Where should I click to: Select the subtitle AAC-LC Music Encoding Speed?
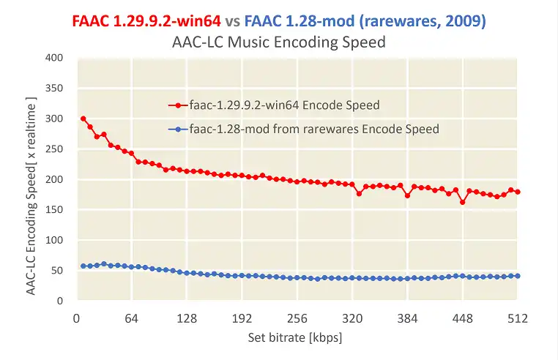click(x=278, y=42)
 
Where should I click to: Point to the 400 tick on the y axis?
click(x=53, y=57)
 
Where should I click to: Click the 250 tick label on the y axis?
click(x=53, y=149)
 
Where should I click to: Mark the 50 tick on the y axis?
click(x=56, y=270)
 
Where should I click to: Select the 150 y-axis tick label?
click(x=53, y=209)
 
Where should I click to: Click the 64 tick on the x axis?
click(x=132, y=318)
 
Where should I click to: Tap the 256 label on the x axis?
click(x=297, y=318)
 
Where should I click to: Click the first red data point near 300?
click(x=83, y=119)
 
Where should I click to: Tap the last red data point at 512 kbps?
click(x=518, y=192)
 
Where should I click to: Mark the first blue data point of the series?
click(x=83, y=266)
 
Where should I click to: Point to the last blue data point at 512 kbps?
click(x=518, y=276)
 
